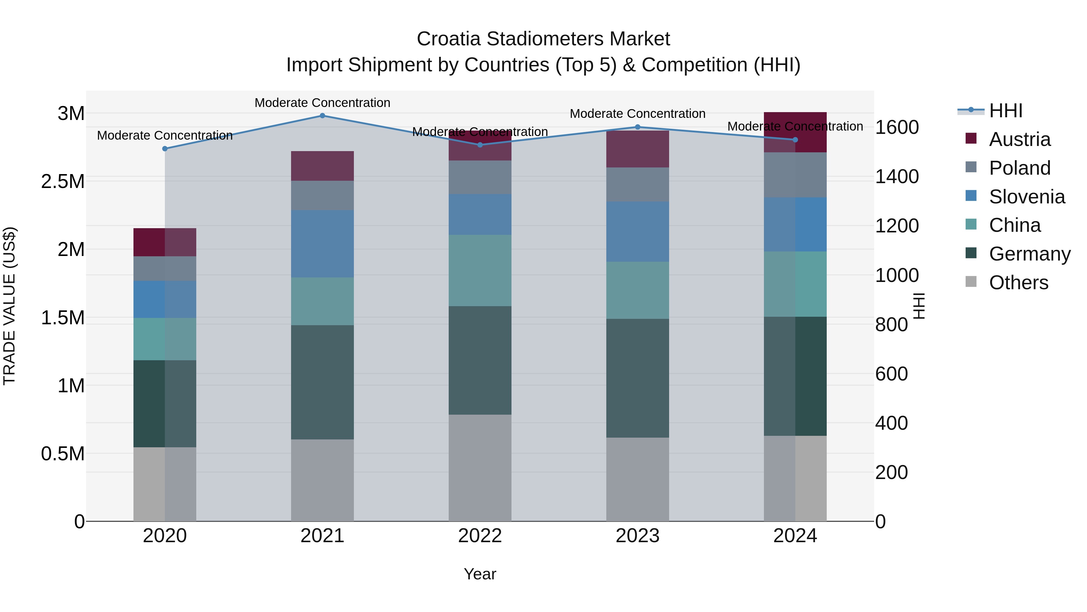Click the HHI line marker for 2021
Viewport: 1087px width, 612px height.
(322, 116)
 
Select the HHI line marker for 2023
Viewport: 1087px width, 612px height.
(638, 127)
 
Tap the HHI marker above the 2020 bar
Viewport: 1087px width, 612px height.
(165, 149)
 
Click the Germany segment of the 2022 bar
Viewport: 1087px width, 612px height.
(480, 360)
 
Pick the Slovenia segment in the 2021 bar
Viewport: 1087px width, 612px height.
(322, 244)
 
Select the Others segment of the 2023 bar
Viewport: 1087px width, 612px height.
(638, 479)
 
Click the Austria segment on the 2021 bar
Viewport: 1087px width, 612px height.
(322, 166)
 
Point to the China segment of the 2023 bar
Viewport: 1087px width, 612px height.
(638, 290)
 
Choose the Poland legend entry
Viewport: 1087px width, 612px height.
(1019, 168)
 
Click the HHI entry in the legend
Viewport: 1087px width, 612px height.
(1005, 111)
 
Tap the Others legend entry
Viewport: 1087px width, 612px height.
(1018, 283)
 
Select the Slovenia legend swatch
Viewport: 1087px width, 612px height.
(971, 196)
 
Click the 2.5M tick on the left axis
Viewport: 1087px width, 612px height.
(63, 182)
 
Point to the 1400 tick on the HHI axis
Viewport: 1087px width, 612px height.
(897, 176)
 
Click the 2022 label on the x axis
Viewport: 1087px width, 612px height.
(480, 536)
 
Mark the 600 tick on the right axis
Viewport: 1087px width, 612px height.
(891, 374)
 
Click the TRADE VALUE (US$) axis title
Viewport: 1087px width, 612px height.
(9, 306)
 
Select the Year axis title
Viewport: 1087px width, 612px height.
(480, 574)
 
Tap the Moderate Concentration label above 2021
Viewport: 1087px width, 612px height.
(322, 103)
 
